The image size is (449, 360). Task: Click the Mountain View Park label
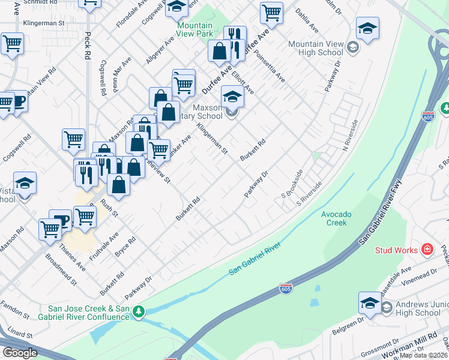195,30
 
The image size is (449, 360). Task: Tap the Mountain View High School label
315,49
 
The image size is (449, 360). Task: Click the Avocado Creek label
337,218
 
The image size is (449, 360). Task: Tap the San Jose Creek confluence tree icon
139,311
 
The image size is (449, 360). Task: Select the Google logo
19,353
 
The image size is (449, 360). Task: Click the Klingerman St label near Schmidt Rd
43,23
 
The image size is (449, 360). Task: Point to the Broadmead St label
61,269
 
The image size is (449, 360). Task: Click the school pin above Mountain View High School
367,28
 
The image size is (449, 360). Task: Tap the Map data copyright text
424,355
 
